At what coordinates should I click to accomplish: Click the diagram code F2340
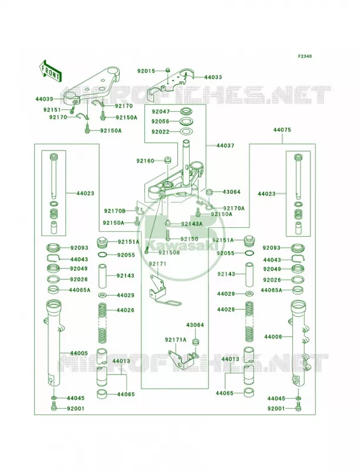pos(305,56)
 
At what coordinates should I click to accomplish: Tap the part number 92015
pos(146,71)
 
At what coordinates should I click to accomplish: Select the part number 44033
pos(213,77)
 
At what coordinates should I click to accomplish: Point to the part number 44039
pos(44,99)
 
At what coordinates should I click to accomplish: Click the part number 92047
pos(160,112)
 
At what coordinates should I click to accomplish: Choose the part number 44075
pos(282,130)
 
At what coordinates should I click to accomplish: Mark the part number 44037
pos(226,145)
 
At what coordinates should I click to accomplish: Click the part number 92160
pos(145,161)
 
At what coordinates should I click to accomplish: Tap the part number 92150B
pos(169,253)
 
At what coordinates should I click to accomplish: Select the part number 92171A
pos(176,340)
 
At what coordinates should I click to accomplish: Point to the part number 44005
pos(79,353)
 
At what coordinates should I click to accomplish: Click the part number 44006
pos(273,337)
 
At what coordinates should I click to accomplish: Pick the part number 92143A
pos(191,224)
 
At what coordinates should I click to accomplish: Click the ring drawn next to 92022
pos(186,131)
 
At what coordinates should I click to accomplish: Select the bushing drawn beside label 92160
pos(167,160)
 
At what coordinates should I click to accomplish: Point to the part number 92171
pos(157,264)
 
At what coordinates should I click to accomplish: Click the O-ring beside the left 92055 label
pos(103,255)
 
